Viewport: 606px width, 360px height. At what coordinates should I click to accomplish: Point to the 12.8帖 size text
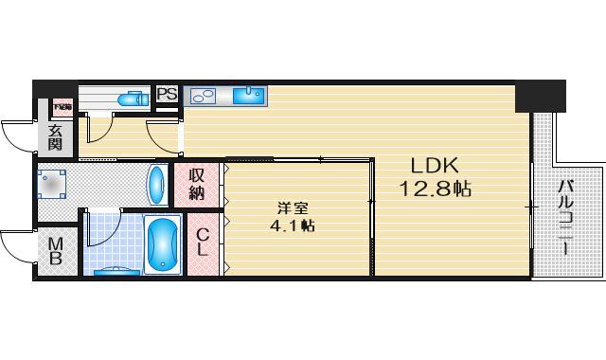pyautogui.click(x=435, y=189)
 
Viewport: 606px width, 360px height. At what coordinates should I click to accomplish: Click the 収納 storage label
pyautogui.click(x=196, y=184)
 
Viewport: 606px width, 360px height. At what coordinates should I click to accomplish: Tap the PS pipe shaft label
pyautogui.click(x=167, y=94)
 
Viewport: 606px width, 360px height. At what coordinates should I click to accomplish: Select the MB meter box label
pyautogui.click(x=56, y=252)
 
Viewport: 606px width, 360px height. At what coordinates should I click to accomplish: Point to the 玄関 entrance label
pyautogui.click(x=55, y=137)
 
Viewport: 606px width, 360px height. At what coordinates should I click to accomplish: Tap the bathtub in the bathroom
pyautogui.click(x=165, y=243)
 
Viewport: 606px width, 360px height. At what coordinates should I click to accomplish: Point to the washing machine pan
pyautogui.click(x=53, y=183)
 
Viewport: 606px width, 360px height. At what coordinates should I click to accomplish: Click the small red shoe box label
pyautogui.click(x=62, y=107)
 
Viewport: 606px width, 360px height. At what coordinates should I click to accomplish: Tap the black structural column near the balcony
pyautogui.click(x=541, y=96)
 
